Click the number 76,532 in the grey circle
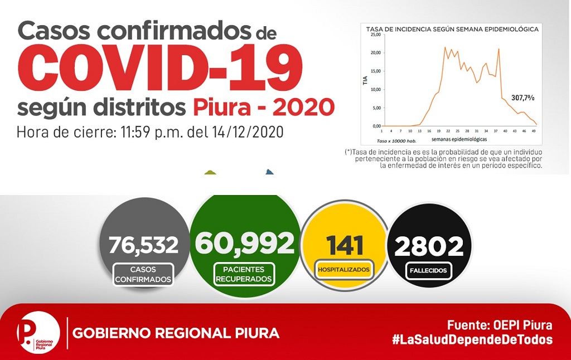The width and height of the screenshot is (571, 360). click(x=143, y=245)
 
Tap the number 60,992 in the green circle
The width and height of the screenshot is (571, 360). click(x=245, y=242)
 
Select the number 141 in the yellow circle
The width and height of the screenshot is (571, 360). click(x=345, y=245)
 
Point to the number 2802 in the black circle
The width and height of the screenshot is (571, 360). click(x=429, y=246)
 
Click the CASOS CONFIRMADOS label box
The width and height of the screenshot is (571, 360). click(x=143, y=274)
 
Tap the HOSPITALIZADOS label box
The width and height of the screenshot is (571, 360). click(x=343, y=270)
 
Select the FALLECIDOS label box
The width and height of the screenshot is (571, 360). click(x=428, y=270)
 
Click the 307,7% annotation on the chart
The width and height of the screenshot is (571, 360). click(x=523, y=98)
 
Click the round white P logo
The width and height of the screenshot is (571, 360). click(x=38, y=333)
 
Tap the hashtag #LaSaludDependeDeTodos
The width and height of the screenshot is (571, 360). click(x=472, y=339)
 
